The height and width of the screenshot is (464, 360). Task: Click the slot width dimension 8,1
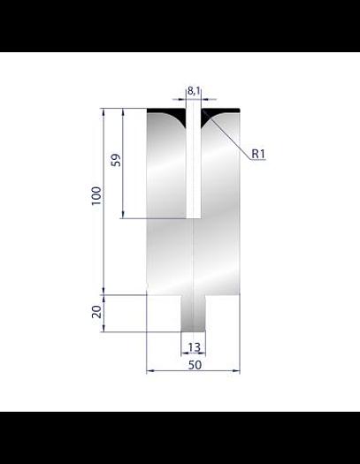click(x=194, y=90)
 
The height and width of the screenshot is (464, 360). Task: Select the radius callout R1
click(x=259, y=154)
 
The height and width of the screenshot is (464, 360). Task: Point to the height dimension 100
click(x=96, y=194)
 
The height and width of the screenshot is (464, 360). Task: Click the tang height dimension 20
click(x=96, y=310)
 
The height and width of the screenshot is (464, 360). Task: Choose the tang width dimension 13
click(x=194, y=348)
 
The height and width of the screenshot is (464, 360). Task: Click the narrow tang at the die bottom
click(x=194, y=314)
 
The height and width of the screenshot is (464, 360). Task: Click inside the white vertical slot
click(x=194, y=168)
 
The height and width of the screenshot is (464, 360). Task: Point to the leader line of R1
click(x=228, y=133)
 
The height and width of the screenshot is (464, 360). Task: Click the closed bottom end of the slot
click(x=194, y=217)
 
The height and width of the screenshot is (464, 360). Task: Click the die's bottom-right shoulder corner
click(x=240, y=294)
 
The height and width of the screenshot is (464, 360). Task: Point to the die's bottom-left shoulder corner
click(x=147, y=294)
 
